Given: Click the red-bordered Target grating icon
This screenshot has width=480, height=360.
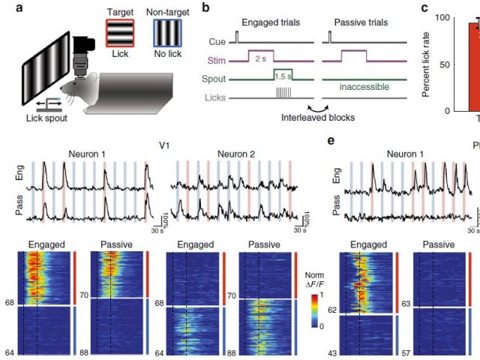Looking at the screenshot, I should (121, 34).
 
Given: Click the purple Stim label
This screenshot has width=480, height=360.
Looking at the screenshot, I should (211, 57).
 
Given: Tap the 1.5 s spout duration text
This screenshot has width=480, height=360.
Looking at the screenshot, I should (281, 76).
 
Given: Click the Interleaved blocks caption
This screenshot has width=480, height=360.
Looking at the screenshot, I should (317, 118).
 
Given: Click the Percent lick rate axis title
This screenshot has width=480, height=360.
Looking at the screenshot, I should (427, 64).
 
